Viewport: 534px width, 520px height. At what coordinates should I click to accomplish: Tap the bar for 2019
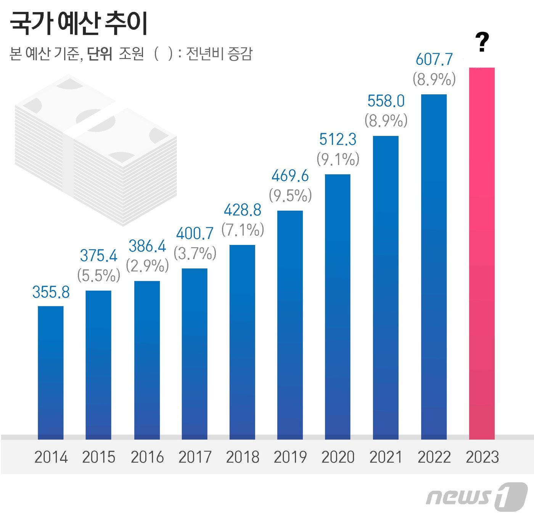[x=290, y=324]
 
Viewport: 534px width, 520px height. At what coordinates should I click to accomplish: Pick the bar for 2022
[x=434, y=267]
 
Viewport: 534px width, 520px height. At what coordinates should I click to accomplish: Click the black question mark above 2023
[x=482, y=42]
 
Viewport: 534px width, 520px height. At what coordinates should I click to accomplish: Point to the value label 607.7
[x=434, y=60]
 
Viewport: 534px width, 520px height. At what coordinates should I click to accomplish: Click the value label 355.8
[x=51, y=292]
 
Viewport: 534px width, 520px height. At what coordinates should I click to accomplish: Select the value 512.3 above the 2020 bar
[x=338, y=139]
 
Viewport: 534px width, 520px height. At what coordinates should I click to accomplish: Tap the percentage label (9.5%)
[x=290, y=196]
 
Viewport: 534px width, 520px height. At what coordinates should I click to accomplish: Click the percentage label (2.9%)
[x=147, y=266]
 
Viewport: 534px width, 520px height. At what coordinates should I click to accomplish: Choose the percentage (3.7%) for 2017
[x=195, y=253]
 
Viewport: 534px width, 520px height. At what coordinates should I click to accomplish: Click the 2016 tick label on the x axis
[x=147, y=457]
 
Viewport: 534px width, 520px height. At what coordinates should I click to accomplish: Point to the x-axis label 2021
[x=386, y=457]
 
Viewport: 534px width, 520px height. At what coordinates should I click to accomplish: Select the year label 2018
[x=243, y=457]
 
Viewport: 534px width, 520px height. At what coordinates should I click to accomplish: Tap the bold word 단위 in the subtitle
[x=100, y=54]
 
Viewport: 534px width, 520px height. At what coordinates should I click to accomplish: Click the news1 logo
[x=477, y=496]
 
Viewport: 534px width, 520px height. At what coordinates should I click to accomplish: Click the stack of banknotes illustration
[x=95, y=149]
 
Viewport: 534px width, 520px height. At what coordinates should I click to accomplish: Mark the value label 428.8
[x=243, y=210]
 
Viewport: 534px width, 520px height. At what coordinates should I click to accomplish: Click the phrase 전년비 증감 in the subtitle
[x=219, y=54]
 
